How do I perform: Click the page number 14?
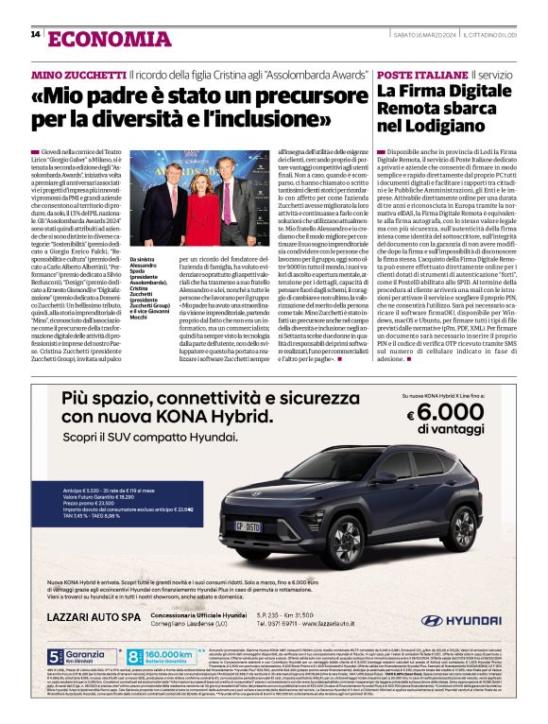pyautogui.click(x=35, y=35)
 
